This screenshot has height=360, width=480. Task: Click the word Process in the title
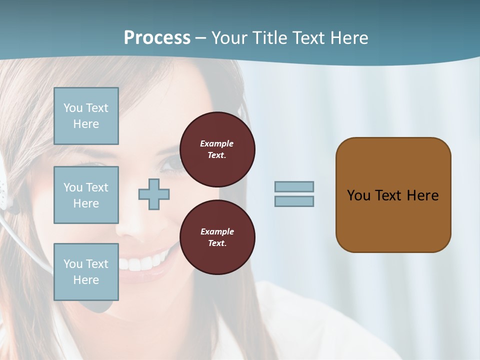pos(157,38)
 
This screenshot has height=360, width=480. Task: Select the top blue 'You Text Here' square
pos(86,116)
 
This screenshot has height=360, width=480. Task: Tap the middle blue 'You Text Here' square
pos(86,195)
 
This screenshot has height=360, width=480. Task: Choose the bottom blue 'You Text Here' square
pos(86,271)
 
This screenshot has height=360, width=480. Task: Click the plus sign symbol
pos(154,194)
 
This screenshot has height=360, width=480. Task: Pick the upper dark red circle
pos(217,149)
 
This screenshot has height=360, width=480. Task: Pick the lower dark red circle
pos(217,237)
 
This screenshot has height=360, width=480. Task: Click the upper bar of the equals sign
pos(294,186)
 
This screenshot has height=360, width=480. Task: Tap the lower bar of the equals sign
pos(294,201)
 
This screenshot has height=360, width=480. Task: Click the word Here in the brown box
pos(422,195)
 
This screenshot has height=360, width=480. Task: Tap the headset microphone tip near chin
pos(100,305)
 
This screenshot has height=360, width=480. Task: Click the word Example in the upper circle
pos(217,143)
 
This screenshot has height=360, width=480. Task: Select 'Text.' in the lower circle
pos(217,243)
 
